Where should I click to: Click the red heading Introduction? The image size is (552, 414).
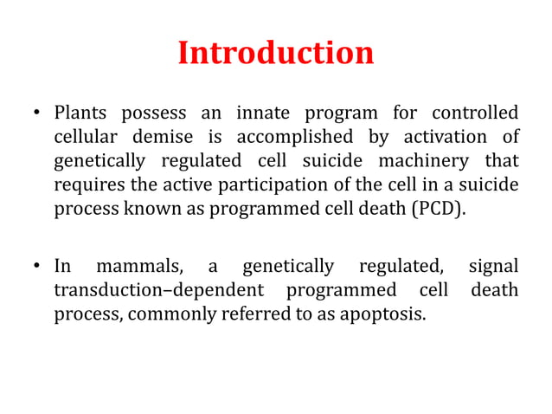(276, 53)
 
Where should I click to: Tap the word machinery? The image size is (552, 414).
(417, 161)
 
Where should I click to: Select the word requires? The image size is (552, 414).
(87, 185)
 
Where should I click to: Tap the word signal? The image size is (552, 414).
(493, 266)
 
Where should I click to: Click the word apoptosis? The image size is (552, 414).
(386, 314)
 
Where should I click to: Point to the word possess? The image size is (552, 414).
(151, 113)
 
